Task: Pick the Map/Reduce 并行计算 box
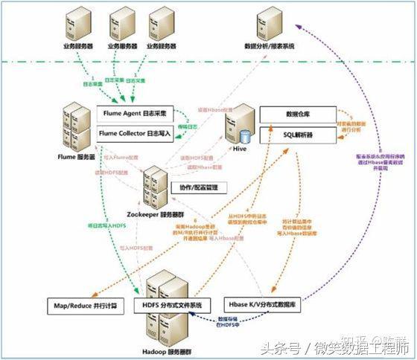[86, 305]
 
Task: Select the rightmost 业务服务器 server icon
[162, 24]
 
